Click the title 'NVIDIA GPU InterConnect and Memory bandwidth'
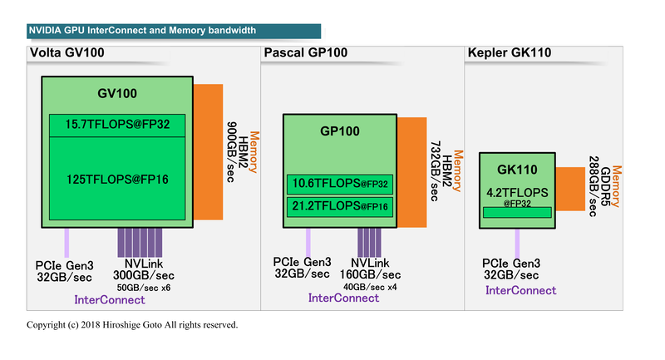click(x=142, y=31)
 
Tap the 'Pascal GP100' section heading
click(x=305, y=54)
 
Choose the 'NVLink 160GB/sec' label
click(x=370, y=269)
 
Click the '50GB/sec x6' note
click(x=144, y=287)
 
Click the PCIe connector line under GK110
click(x=517, y=242)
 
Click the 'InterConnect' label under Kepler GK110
click(x=520, y=290)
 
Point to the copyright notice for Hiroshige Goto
click(x=132, y=324)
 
